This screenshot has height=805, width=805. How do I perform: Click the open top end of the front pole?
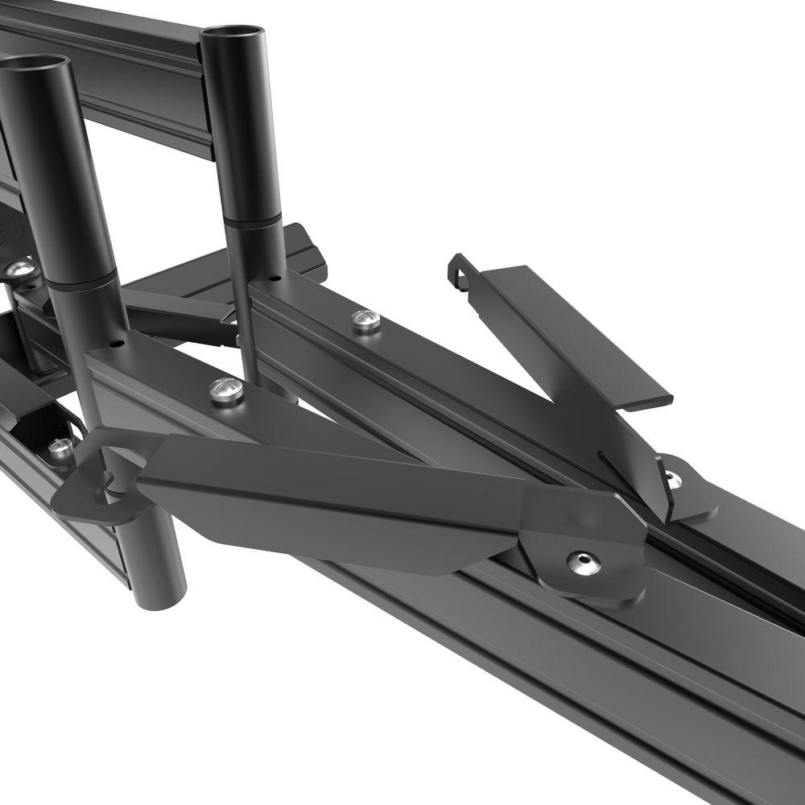click(35, 64)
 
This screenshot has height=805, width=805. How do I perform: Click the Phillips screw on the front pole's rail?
click(225, 391)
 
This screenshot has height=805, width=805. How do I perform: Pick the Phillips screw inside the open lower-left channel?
click(60, 448)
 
